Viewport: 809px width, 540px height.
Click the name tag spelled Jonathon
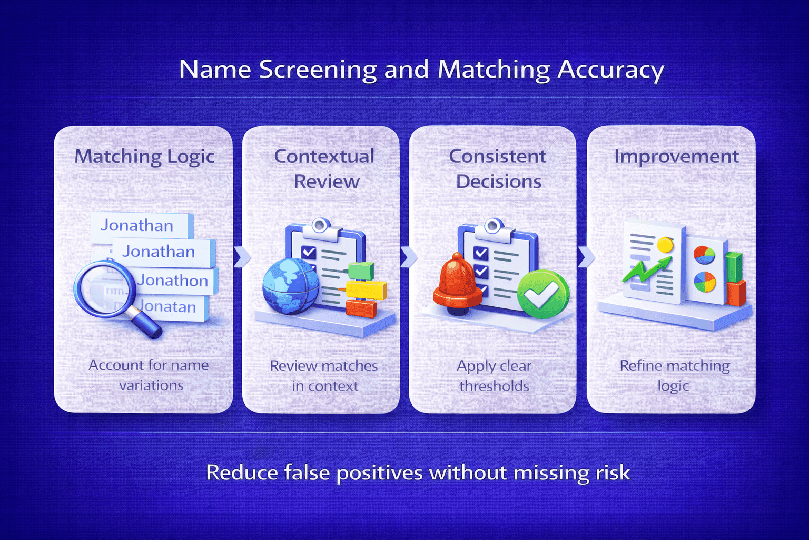click(x=173, y=281)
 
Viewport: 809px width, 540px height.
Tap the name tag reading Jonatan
click(x=167, y=306)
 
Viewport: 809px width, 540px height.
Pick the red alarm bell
click(x=457, y=285)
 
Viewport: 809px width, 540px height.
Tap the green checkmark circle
click(x=542, y=293)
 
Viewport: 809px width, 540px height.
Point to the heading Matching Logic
click(x=144, y=157)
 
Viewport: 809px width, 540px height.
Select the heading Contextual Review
click(x=325, y=169)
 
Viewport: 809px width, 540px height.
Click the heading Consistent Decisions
click(x=498, y=169)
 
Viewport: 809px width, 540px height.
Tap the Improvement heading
click(x=676, y=157)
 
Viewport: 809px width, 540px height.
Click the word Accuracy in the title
click(x=611, y=70)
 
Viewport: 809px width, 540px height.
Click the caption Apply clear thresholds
click(x=494, y=375)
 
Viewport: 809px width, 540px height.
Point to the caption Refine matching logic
click(x=674, y=375)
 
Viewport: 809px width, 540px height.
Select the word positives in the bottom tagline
click(x=379, y=472)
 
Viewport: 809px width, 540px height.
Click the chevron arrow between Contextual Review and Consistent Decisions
click(x=408, y=256)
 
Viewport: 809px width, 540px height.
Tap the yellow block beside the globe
click(x=367, y=290)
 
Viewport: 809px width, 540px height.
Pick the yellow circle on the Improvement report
click(x=665, y=245)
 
